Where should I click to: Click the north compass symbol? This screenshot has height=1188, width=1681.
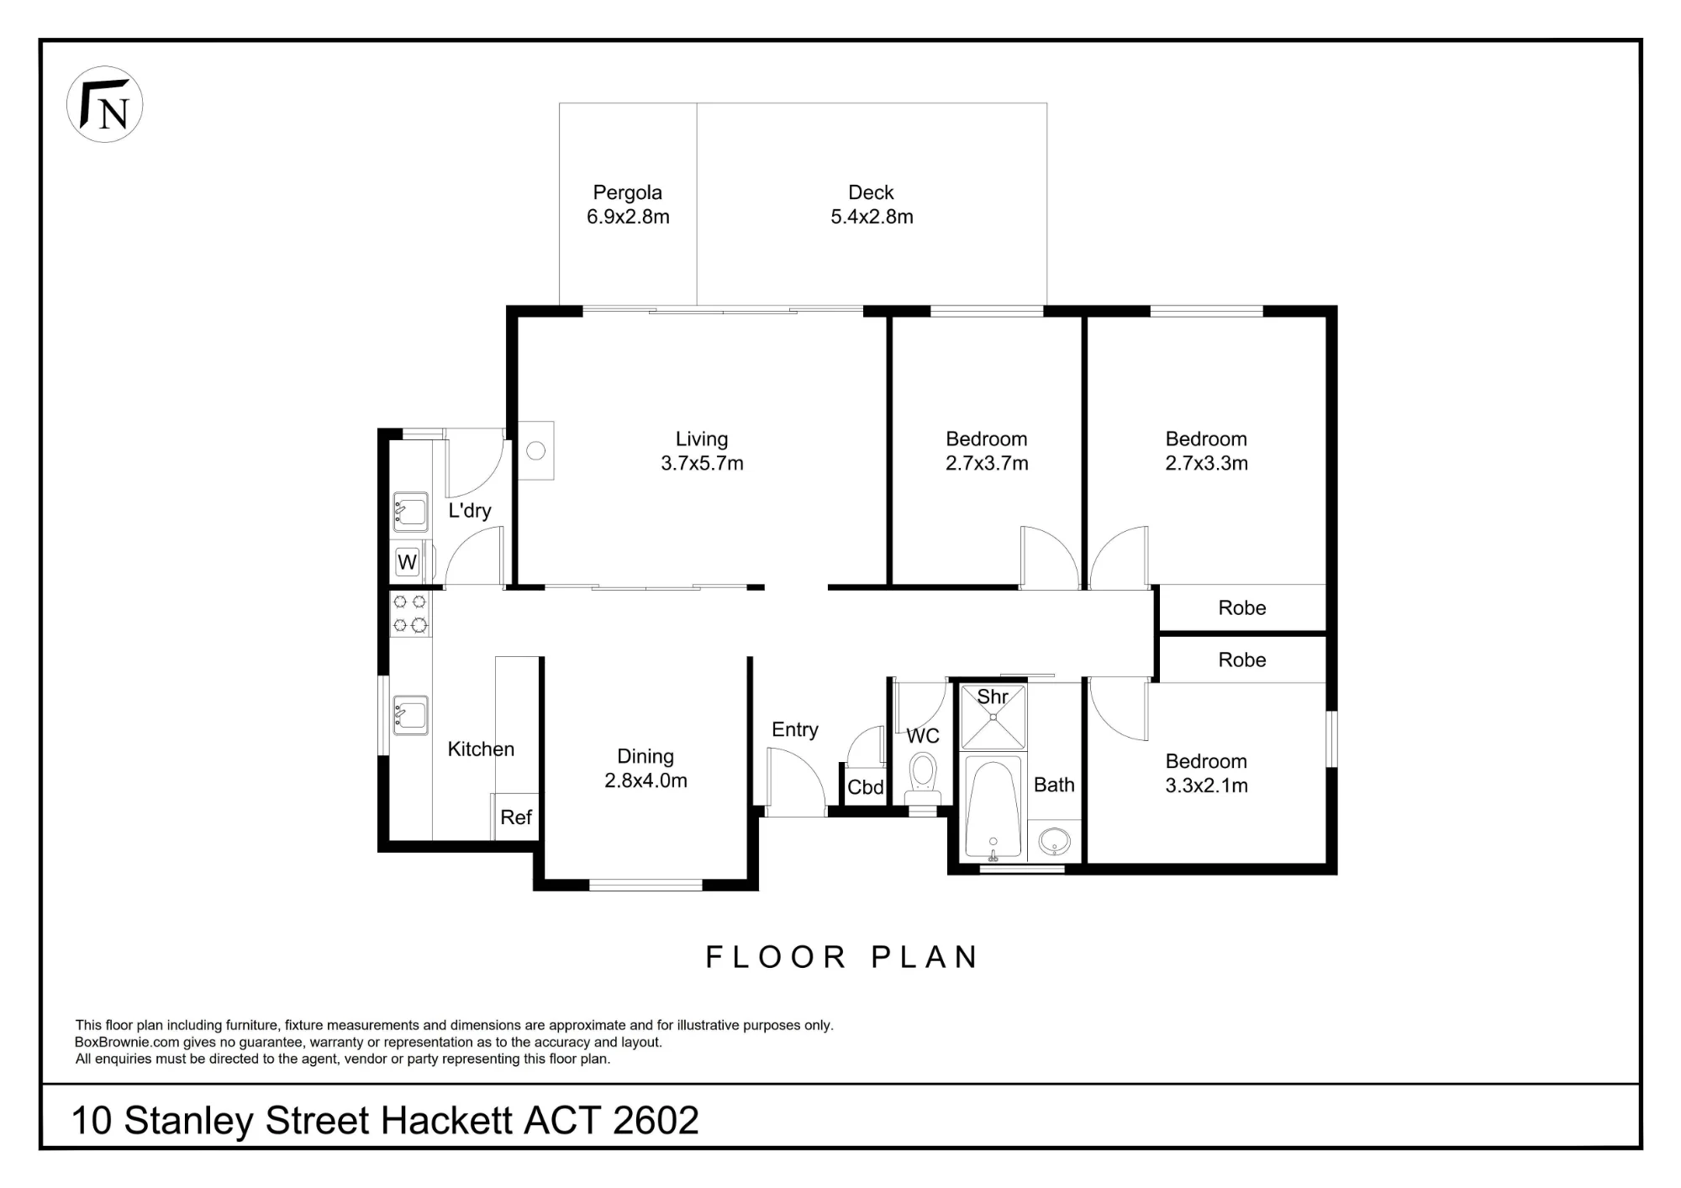tap(104, 104)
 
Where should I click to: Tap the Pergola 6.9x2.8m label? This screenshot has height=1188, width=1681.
tap(628, 204)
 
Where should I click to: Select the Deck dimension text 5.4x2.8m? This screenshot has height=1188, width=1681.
tap(872, 217)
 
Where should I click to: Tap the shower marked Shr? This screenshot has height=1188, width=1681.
tap(993, 717)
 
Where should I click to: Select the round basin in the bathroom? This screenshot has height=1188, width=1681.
tap(1054, 840)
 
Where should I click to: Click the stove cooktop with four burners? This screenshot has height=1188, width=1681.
tap(410, 613)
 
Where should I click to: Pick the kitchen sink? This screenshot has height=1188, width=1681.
tap(410, 715)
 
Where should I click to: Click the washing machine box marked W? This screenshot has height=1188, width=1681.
tap(408, 562)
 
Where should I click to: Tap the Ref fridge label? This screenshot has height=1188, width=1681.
tap(516, 817)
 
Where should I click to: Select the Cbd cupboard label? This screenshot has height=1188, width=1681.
tap(866, 787)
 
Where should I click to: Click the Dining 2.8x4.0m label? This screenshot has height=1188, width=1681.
tap(646, 768)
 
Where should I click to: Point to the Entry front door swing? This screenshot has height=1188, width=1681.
tap(796, 781)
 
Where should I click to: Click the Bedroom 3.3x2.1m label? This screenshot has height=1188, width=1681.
tap(1206, 773)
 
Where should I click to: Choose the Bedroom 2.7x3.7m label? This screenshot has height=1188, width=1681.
tap(987, 450)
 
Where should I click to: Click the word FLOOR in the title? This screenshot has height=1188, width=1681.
tap(776, 957)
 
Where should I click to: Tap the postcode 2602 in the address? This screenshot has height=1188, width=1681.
tap(656, 1120)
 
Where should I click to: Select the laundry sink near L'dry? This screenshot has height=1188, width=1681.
tap(410, 511)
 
